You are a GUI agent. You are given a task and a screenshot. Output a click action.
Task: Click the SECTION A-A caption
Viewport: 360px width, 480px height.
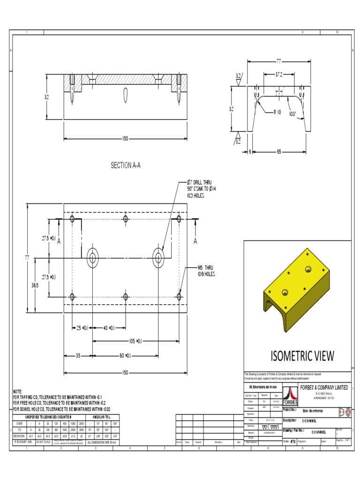click(125, 165)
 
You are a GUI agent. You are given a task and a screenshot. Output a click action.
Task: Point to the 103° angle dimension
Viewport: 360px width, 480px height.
click(293, 113)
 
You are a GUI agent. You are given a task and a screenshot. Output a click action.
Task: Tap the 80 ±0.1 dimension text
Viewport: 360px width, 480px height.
click(124, 356)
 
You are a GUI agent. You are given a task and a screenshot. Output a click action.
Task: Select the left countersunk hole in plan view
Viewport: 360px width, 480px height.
click(92, 257)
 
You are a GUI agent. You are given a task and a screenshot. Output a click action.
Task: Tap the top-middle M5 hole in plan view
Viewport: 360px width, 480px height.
click(125, 219)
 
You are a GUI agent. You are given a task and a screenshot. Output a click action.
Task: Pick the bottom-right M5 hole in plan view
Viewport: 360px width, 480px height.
click(179, 296)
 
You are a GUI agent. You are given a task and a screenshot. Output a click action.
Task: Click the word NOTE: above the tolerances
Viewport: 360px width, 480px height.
click(18, 391)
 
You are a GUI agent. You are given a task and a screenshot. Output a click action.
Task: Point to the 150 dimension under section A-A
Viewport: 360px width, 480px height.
click(125, 139)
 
